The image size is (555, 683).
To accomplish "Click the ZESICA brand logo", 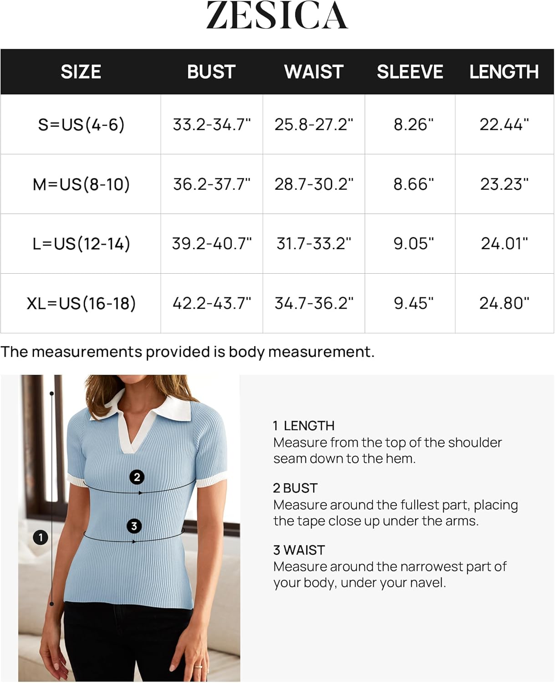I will [277, 15].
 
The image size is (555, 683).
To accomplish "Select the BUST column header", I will [211, 72].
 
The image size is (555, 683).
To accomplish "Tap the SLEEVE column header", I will [410, 72].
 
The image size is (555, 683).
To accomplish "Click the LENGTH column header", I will [504, 72].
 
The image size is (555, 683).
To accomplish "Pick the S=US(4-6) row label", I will [81, 124].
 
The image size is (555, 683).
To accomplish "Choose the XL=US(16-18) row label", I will [81, 303].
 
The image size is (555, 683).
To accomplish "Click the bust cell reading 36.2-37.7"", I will [212, 184].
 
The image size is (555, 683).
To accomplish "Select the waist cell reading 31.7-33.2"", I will [314, 244].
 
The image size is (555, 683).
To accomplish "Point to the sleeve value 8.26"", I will [413, 124].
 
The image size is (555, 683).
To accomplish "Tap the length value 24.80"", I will [504, 303].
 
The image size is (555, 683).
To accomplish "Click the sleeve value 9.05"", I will [413, 244].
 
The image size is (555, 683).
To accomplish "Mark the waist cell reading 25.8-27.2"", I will [314, 124].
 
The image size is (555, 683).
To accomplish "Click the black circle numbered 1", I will [41, 537].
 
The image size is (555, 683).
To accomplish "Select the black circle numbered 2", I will [137, 477].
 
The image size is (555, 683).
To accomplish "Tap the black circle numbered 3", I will [134, 526].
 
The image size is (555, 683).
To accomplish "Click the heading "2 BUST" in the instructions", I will [295, 488].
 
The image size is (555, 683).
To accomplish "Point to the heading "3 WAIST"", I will [299, 550].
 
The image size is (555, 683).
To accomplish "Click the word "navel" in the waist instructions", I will [428, 583].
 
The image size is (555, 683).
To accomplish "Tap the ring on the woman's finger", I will [199, 667].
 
